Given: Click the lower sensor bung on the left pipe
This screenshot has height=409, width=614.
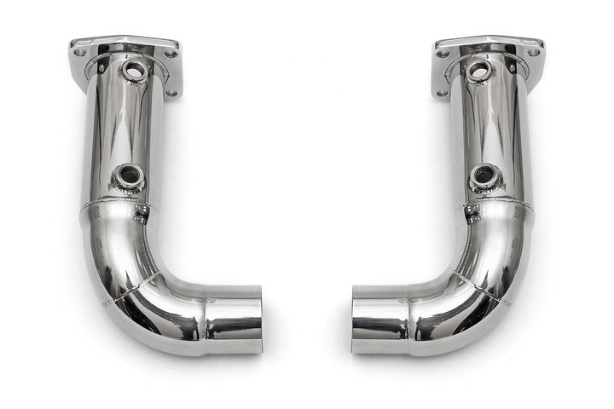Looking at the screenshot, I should [130, 176].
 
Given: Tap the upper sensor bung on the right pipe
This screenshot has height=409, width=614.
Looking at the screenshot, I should [479, 71].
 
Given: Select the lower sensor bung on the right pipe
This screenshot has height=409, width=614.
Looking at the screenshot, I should [484, 176].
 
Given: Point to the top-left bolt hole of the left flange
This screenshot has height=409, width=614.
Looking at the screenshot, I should [79, 52].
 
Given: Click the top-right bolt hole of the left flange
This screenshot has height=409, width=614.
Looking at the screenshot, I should [172, 52].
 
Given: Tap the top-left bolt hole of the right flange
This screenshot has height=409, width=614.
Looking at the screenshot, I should [443, 53].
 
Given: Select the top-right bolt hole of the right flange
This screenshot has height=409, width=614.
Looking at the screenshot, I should [535, 52].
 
